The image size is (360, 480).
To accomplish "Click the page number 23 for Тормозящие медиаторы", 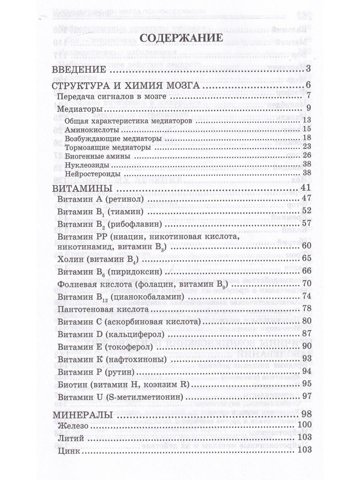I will click(307, 148).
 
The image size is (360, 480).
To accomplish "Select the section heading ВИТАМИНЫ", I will click(80, 188).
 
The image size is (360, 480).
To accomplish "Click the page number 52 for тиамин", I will click(306, 210).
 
